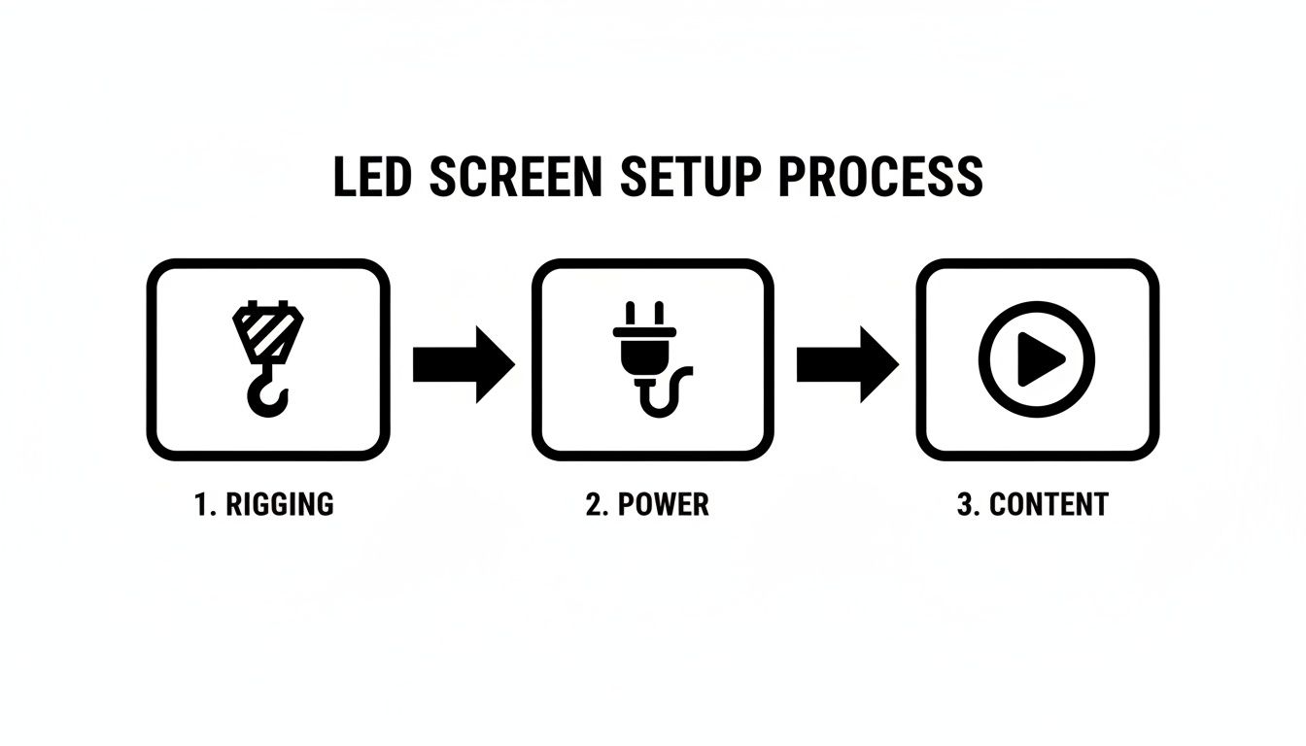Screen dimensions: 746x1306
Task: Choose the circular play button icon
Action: tap(1037, 359)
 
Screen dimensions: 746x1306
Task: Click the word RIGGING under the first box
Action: tap(279, 505)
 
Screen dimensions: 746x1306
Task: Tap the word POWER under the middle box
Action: tap(663, 505)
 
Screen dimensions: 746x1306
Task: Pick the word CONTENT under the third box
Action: tap(1048, 505)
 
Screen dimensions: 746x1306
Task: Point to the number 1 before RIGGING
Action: tap(201, 505)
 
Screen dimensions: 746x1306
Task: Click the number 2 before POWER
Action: tap(593, 505)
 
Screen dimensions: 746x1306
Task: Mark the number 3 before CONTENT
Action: tap(965, 505)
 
